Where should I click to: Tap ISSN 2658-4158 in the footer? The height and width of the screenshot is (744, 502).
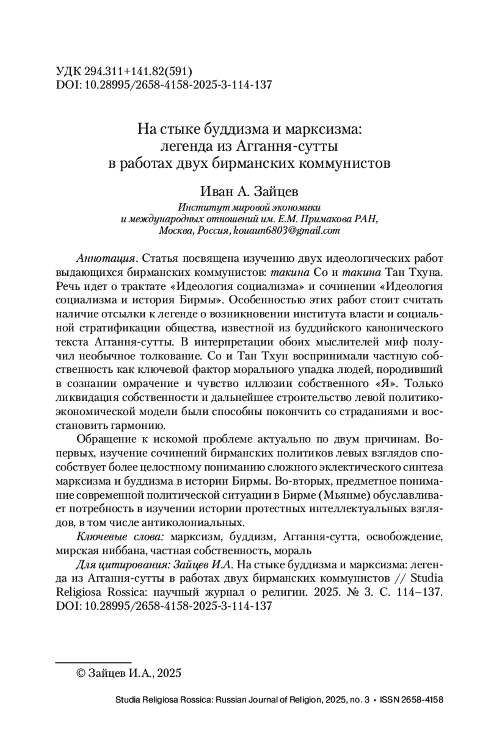pos(411,701)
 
